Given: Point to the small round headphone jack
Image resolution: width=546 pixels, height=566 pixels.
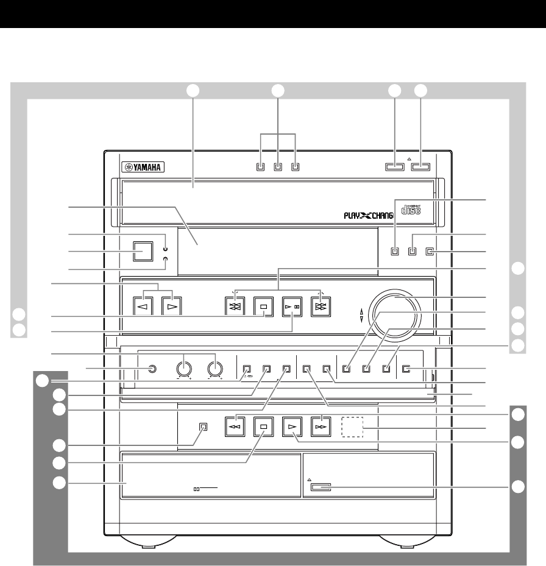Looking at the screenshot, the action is point(152,368).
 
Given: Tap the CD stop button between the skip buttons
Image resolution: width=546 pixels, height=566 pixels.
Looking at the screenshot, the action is point(264,306).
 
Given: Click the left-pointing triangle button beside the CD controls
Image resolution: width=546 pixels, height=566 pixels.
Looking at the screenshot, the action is point(143,306).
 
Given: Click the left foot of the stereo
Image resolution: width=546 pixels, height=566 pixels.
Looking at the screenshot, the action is point(143,542).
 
